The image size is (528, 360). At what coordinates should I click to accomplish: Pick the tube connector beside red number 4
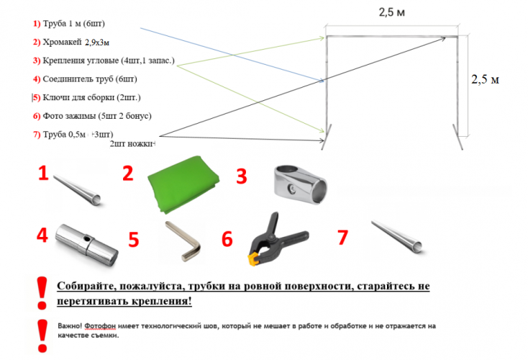88,243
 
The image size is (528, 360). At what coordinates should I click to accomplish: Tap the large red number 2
128,174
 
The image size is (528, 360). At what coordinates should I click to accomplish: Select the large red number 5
133,238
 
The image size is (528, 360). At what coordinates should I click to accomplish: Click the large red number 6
227,239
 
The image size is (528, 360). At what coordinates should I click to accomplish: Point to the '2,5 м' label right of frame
485,80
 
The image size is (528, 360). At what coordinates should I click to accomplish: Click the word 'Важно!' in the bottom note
72,325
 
